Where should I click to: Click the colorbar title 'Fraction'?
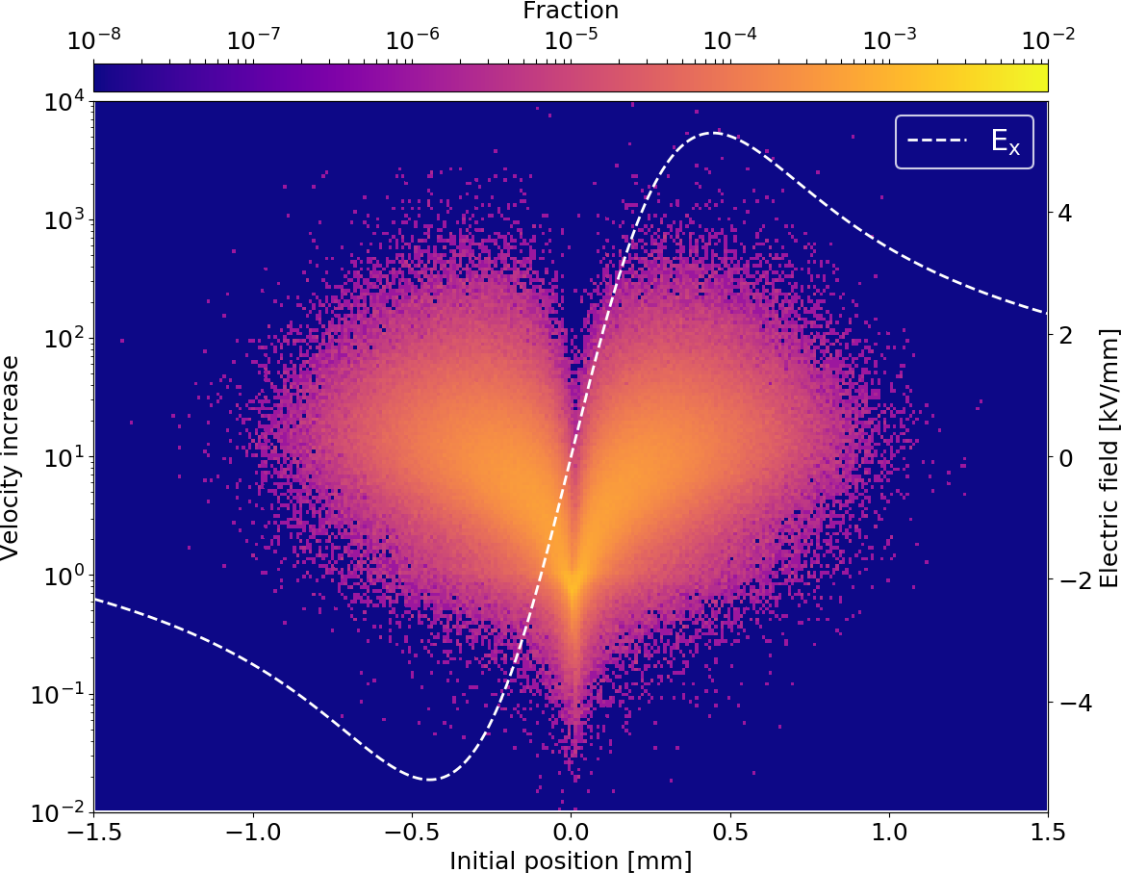click(x=570, y=11)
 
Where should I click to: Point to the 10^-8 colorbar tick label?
click(x=93, y=39)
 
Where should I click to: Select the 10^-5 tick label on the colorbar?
click(x=571, y=39)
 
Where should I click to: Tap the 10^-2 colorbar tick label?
click(x=1047, y=39)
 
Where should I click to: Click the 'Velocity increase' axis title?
click(x=12, y=457)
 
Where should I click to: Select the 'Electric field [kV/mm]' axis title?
click(x=1108, y=457)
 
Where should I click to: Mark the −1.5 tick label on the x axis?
click(x=93, y=831)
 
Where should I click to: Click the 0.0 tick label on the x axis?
click(x=571, y=831)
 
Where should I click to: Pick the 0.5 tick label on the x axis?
click(x=729, y=831)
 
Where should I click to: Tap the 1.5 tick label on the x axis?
click(x=1047, y=831)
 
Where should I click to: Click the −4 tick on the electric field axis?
click(x=1068, y=704)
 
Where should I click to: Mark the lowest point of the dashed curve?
click(x=429, y=779)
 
